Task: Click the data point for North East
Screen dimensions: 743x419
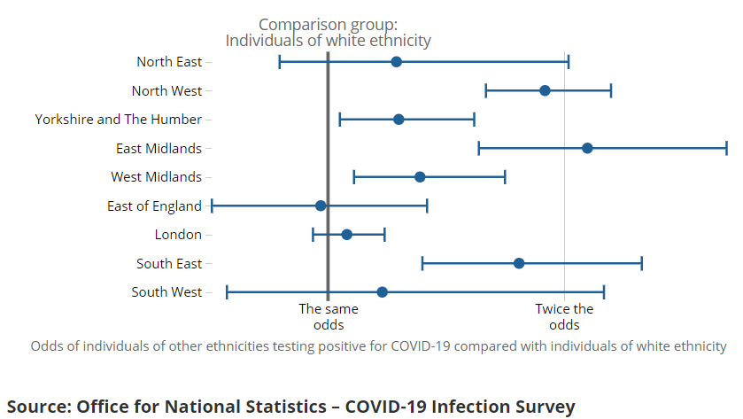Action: pos(396,62)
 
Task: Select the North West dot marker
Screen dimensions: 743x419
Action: pos(545,90)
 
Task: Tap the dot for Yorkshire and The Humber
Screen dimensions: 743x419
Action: pos(399,120)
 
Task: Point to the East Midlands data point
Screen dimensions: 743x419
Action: pos(587,148)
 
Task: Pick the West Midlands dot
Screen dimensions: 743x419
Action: pos(420,177)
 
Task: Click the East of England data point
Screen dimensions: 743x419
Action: pos(321,206)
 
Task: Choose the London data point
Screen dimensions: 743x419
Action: pos(347,235)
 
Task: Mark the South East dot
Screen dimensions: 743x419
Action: pos(519,263)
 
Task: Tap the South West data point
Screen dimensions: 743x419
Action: pos(382,292)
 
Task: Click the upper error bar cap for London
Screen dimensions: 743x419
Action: pos(384,235)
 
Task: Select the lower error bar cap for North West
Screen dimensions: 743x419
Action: pos(485,90)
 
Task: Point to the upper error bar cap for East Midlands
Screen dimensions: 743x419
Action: pos(726,148)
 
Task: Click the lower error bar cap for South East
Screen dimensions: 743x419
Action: pos(422,263)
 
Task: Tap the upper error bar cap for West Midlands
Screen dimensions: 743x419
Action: pos(505,177)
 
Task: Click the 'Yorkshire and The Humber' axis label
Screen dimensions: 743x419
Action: pos(119,120)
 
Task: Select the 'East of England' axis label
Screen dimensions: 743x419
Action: pos(154,206)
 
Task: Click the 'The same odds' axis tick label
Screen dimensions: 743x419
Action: pos(329,316)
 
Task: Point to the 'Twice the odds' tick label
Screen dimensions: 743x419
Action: pos(564,316)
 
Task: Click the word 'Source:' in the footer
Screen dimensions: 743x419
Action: pos(39,407)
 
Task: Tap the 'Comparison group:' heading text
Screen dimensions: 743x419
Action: pos(328,25)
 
